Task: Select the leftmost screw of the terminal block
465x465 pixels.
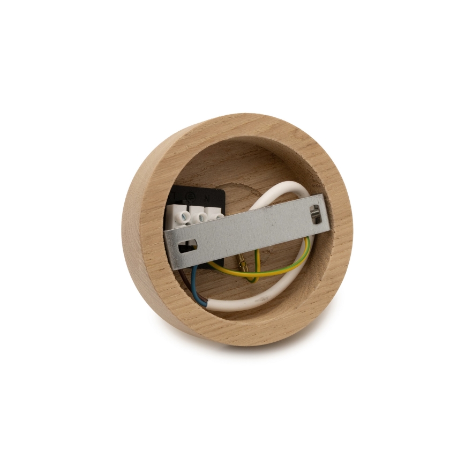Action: coord(184,217)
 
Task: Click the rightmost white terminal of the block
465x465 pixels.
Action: coord(217,215)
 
